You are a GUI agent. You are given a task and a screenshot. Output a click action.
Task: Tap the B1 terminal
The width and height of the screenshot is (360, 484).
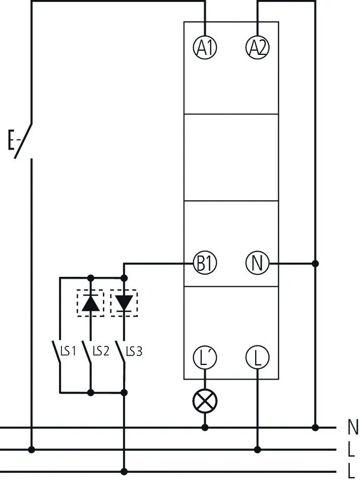coord(205,263)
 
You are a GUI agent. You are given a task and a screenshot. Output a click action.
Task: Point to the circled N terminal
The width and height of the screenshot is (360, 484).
coord(257,263)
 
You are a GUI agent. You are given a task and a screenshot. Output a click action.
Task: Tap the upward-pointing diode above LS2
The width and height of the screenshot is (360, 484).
coord(91,302)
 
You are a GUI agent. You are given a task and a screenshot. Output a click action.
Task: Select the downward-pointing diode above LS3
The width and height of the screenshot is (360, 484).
coord(124,302)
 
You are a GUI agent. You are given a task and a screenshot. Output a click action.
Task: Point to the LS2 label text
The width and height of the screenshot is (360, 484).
coord(101,351)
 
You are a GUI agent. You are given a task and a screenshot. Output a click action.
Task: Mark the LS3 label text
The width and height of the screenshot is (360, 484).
coord(134,351)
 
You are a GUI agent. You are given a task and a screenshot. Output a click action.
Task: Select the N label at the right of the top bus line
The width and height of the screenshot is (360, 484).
coord(353,428)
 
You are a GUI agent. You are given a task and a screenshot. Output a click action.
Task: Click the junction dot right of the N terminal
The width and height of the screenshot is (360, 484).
coord(315,263)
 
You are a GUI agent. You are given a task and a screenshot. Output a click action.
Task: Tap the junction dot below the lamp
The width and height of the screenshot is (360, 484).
coord(205,428)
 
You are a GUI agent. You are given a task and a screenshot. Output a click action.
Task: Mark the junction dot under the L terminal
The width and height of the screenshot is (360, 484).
coord(257,449)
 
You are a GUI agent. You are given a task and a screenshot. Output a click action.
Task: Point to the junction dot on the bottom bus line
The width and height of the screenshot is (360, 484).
coord(124,471)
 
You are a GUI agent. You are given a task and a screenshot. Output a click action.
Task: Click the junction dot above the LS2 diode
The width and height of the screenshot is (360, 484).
coord(91,277)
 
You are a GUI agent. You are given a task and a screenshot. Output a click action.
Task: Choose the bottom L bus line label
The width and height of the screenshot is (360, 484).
coord(351,471)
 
